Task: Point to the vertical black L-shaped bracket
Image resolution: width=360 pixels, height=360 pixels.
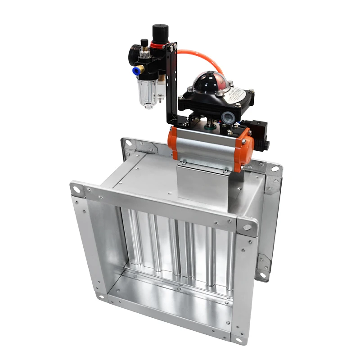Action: click(171, 85)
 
